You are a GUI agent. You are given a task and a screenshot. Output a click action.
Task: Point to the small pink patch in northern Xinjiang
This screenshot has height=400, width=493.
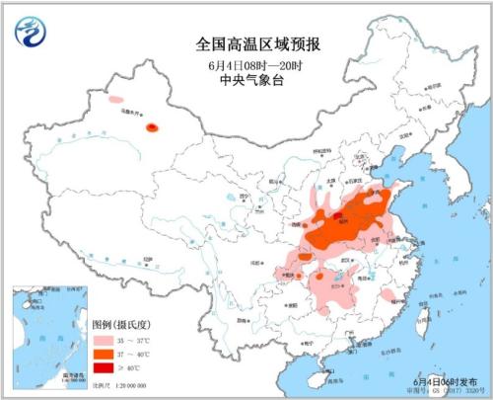(x=116, y=100)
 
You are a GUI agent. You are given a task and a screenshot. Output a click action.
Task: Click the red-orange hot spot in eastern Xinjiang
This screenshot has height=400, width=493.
(x=152, y=126)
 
